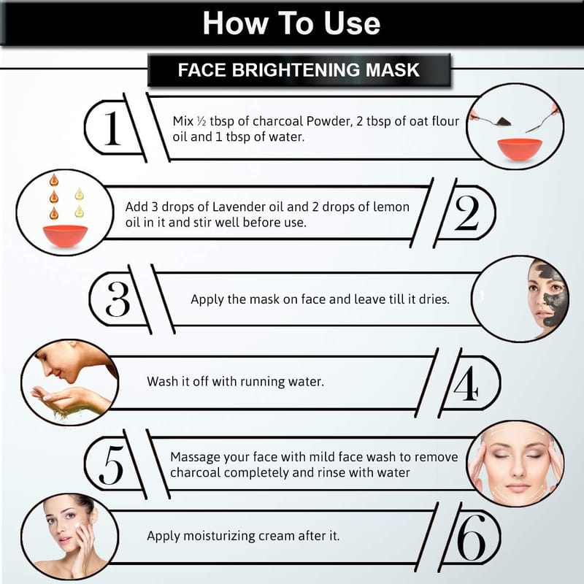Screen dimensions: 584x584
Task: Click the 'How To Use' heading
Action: pos(291,23)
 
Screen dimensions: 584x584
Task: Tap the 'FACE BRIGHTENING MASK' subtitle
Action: pos(299,70)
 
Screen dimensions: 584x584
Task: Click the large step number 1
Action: pos(112,128)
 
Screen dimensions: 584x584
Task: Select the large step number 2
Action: pos(466,212)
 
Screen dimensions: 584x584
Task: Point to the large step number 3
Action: pos(118,299)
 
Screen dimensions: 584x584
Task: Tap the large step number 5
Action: pos(111,465)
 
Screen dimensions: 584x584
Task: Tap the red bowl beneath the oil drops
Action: pos(65,236)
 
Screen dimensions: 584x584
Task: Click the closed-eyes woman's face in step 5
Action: pos(517,464)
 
